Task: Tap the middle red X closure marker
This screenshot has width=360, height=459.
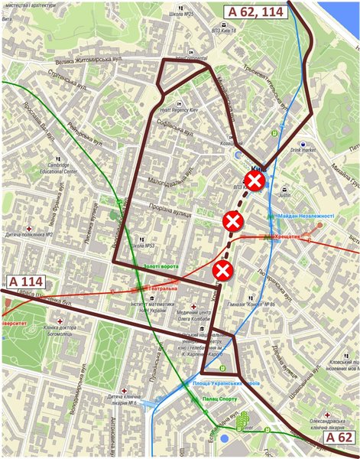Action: pyautogui.click(x=232, y=222)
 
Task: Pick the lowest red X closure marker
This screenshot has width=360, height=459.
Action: pyautogui.click(x=222, y=269)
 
